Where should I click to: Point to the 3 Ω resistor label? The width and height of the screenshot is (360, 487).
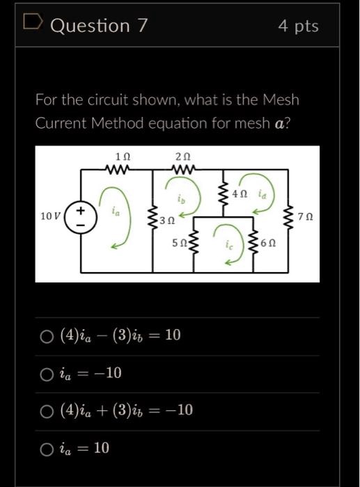tap(166, 221)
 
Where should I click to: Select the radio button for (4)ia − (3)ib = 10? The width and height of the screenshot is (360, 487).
tap(47, 337)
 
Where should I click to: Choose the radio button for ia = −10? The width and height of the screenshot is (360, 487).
tap(47, 374)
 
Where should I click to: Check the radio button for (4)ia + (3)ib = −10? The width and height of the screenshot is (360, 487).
tap(47, 412)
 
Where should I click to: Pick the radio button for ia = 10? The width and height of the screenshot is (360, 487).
tap(47, 449)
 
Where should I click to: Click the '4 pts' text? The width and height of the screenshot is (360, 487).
tap(298, 26)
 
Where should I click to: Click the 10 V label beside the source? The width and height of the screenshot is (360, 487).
tap(51, 216)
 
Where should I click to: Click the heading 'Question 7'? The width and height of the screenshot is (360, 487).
tap(100, 26)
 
